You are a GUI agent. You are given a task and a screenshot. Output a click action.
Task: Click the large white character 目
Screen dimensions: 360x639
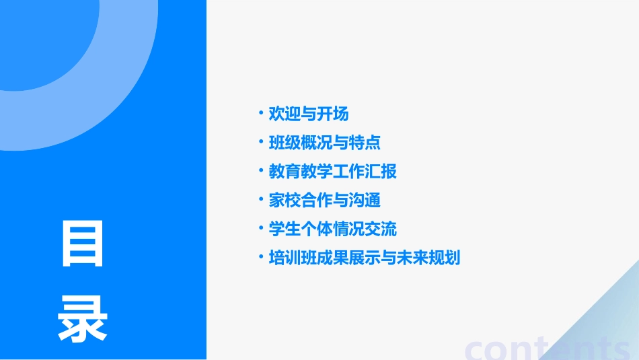pos(82,244)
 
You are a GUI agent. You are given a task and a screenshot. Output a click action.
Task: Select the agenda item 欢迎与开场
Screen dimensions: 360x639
pos(309,114)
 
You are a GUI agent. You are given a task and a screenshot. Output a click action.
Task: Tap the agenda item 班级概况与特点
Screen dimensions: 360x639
pos(325,143)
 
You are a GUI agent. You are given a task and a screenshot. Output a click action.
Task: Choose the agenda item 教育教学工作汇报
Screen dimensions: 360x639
pos(333,172)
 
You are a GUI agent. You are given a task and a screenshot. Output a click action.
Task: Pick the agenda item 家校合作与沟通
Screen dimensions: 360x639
pos(325,200)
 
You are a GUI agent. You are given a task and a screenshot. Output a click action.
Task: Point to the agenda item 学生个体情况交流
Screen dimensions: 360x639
pos(333,229)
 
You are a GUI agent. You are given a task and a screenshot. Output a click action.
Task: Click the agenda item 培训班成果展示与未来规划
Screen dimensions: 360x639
pos(365,258)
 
